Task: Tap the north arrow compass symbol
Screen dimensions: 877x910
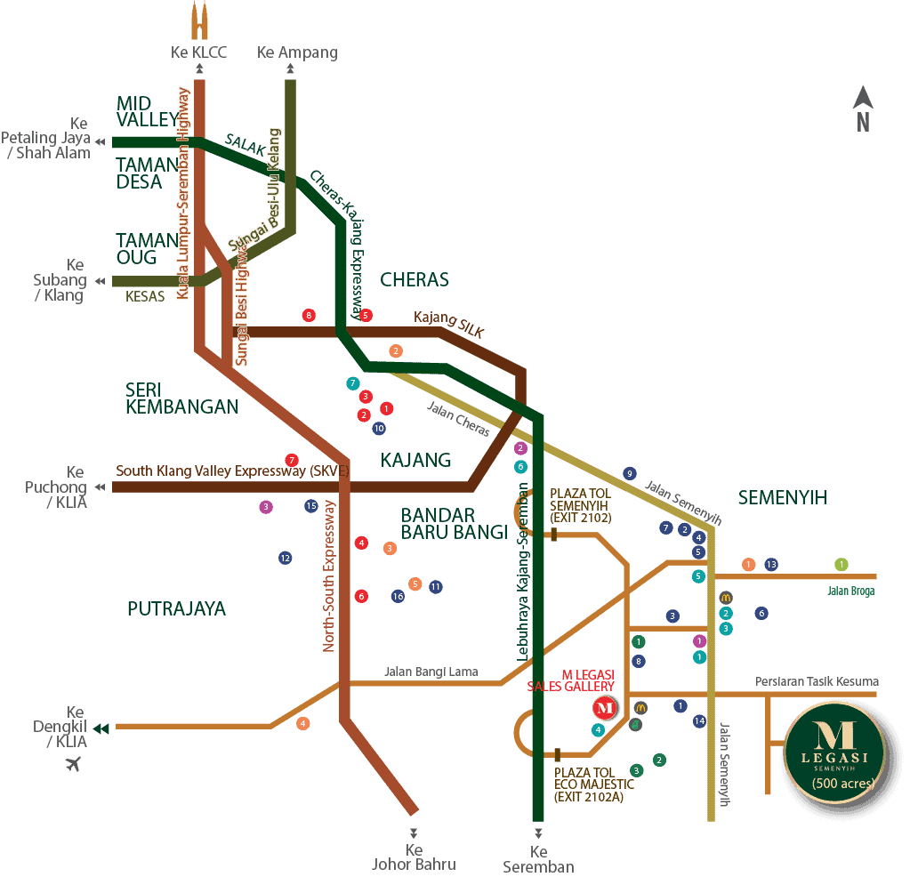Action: click(863, 109)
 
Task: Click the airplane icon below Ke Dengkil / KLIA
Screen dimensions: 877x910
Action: click(73, 762)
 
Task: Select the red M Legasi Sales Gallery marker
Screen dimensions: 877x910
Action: click(605, 708)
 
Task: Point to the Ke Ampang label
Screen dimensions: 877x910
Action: click(297, 52)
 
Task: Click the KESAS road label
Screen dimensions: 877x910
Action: click(145, 296)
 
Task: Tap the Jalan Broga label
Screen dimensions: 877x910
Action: click(850, 591)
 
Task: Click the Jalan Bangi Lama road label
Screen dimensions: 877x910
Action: click(431, 672)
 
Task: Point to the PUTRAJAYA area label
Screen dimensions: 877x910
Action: click(176, 608)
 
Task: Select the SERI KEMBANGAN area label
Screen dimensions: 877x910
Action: click(181, 398)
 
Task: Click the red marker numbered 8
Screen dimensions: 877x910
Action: click(309, 315)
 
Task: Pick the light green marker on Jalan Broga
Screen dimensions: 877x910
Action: click(842, 564)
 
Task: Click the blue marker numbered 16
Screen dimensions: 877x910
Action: click(399, 596)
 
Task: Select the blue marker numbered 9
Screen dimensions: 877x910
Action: click(630, 473)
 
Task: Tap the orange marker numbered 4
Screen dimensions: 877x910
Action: click(303, 723)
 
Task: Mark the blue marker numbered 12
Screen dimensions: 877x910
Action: click(285, 558)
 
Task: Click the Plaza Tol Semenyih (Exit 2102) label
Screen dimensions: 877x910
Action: click(580, 504)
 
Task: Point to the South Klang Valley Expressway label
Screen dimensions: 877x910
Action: click(231, 470)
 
